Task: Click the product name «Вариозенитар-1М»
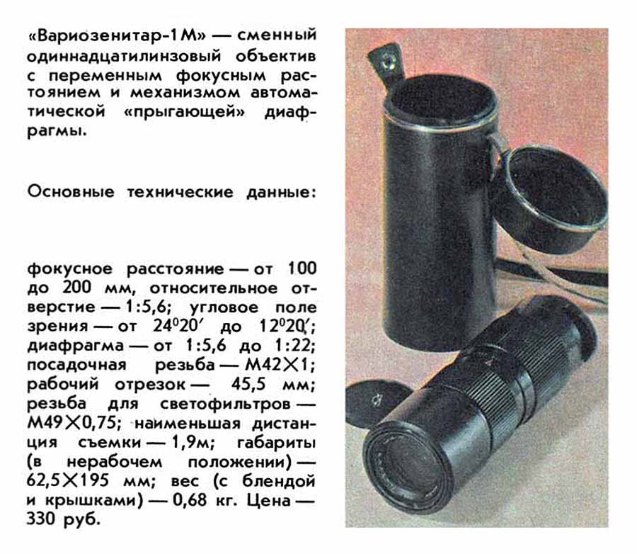(x=117, y=35)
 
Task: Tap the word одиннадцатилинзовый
(x=124, y=56)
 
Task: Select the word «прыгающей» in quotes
(x=185, y=111)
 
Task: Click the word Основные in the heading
(x=71, y=191)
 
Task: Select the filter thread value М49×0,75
(x=71, y=424)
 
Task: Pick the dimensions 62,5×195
(x=68, y=481)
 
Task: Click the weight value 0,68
(x=190, y=501)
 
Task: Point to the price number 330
(x=42, y=520)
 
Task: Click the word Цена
(x=268, y=501)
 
